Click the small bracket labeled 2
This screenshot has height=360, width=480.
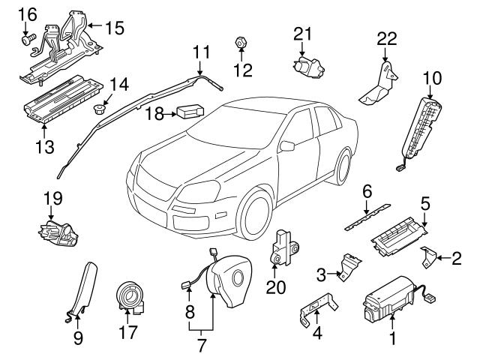429,256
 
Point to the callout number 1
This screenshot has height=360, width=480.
390,339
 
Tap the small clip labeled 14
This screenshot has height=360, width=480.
98,110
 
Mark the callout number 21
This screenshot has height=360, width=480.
302,34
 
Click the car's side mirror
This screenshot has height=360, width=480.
287,143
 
